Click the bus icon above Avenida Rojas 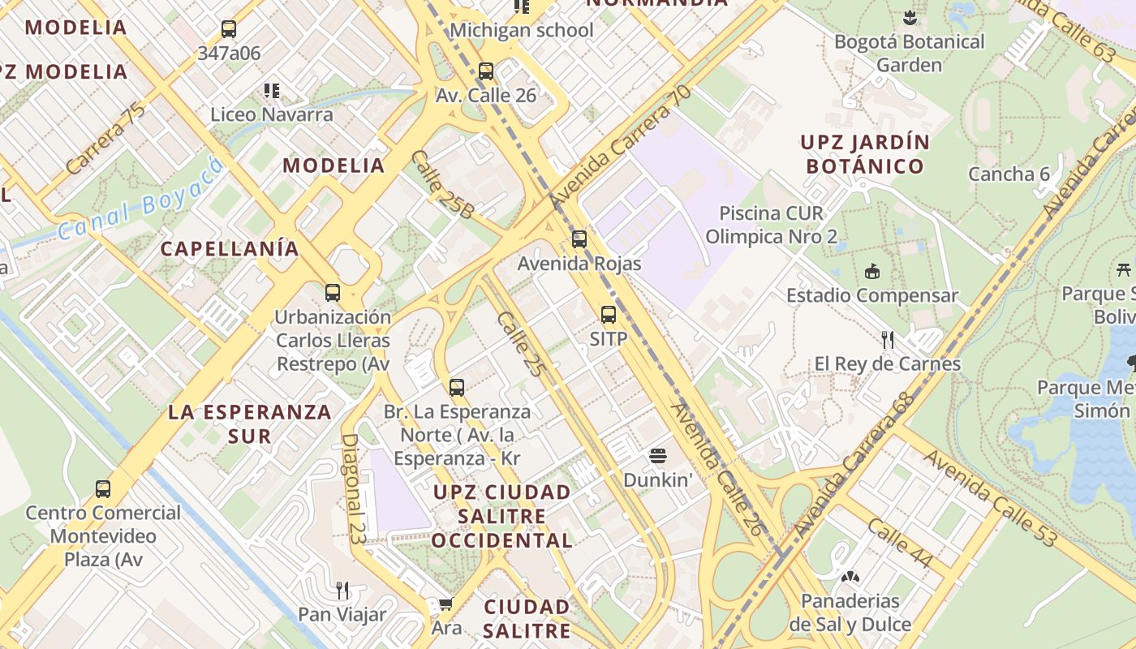coord(579,239)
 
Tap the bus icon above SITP coord(609,315)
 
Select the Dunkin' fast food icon coord(658,456)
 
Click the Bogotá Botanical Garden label coord(909,54)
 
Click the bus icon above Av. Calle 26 coord(486,71)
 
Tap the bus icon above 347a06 coord(229,30)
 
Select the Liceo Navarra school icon coord(271,90)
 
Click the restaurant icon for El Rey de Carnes coord(888,339)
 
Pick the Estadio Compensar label coord(872,295)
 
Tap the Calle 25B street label coord(442,186)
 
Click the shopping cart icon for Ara coord(445,604)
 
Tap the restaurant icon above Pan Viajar coord(342,590)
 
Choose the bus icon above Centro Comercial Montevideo coord(103,489)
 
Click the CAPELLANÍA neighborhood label coord(230,249)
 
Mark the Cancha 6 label coord(1009,174)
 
